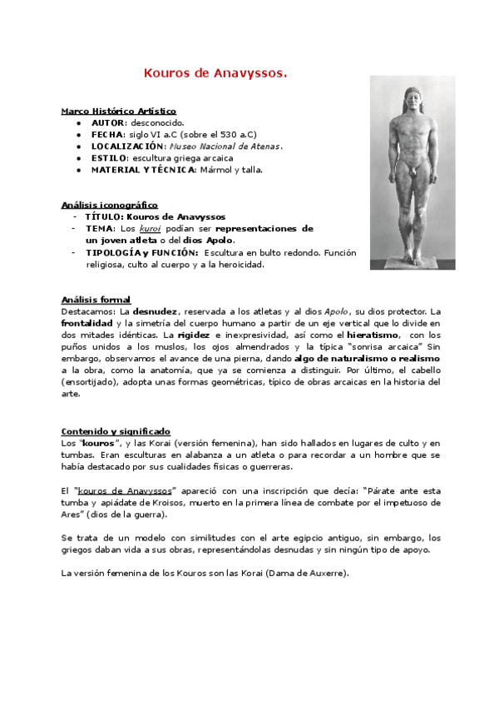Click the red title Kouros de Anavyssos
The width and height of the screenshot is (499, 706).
[x=215, y=73]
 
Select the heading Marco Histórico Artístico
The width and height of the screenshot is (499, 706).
[x=119, y=111]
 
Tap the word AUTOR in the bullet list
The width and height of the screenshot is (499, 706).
[x=107, y=122]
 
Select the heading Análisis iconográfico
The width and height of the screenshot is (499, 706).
[x=109, y=205]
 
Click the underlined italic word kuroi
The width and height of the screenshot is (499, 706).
[x=150, y=228]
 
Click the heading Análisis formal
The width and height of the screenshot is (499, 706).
[x=96, y=300]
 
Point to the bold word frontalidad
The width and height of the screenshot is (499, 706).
[x=86, y=323]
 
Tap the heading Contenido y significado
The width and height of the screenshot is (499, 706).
[x=116, y=431]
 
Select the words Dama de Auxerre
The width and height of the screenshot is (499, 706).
[x=312, y=574]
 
